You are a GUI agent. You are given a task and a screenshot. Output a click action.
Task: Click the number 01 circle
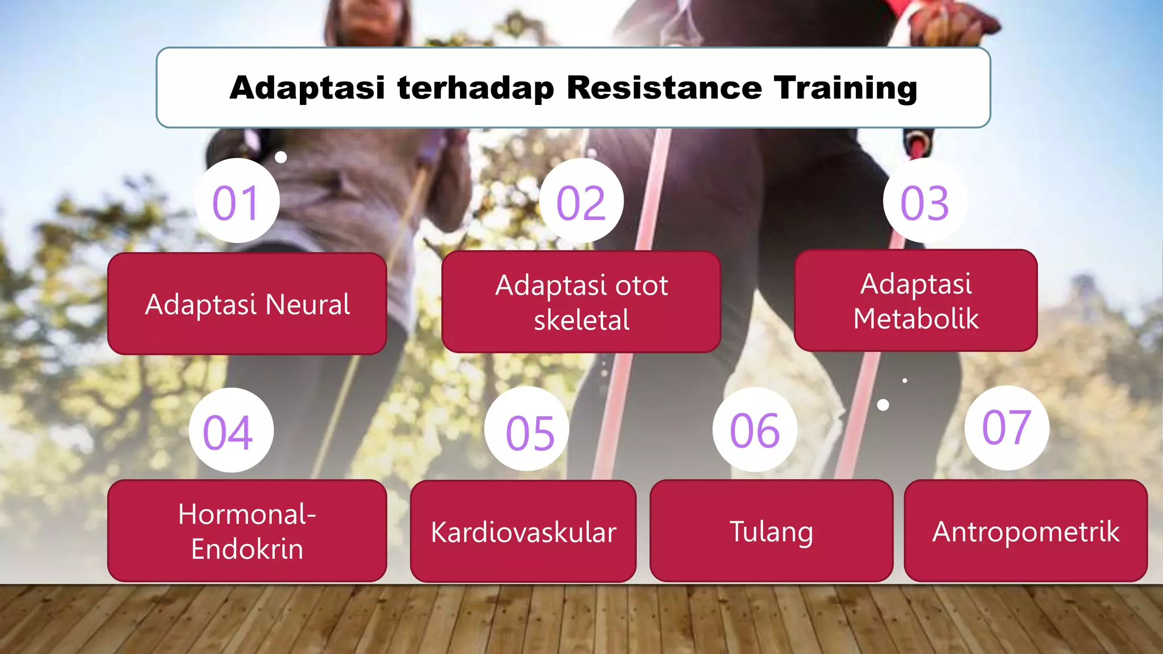[x=237, y=201]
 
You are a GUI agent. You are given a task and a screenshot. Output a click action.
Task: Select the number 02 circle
[x=581, y=201]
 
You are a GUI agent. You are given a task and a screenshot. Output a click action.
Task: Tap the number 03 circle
[x=924, y=201]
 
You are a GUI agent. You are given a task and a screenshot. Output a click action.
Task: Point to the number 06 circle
[x=755, y=430]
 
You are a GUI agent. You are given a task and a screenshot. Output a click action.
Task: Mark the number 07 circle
[x=1007, y=428]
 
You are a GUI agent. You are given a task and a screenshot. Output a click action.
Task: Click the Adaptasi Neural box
[x=247, y=304]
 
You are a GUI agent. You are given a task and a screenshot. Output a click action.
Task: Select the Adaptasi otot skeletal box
[x=581, y=302]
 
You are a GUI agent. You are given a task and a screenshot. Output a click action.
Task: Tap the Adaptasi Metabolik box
[x=915, y=300]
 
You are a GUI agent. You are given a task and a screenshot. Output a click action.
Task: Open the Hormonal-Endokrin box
[x=247, y=531]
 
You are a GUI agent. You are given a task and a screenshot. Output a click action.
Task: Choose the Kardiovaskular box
[x=523, y=531]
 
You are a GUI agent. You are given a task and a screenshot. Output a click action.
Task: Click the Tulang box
[x=771, y=531]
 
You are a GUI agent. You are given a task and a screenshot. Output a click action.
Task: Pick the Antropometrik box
[x=1026, y=531]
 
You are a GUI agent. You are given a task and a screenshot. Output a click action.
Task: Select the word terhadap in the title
[x=476, y=88]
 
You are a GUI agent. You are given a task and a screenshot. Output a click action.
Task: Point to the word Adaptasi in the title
[x=307, y=88]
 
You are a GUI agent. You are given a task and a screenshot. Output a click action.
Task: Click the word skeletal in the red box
[x=581, y=320]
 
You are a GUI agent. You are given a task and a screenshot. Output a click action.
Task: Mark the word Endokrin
[x=247, y=549]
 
